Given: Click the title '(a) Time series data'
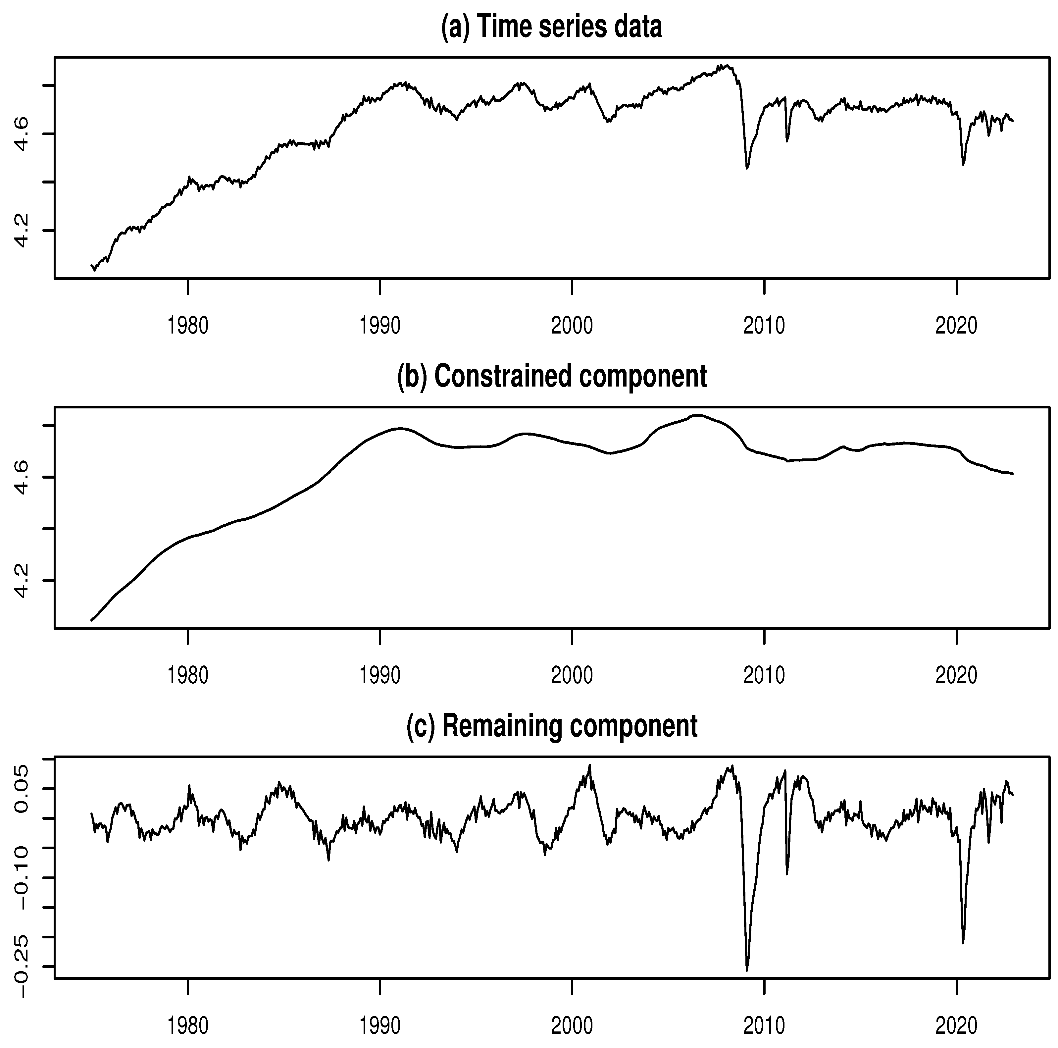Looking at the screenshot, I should point(551,26).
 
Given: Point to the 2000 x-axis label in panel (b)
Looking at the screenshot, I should point(572,675).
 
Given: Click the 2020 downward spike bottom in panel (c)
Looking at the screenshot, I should point(963,943).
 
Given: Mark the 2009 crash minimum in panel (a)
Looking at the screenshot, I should point(747,168).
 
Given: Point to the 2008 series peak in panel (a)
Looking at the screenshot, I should point(726,65).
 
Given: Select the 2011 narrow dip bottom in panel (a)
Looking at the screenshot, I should point(787,141).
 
